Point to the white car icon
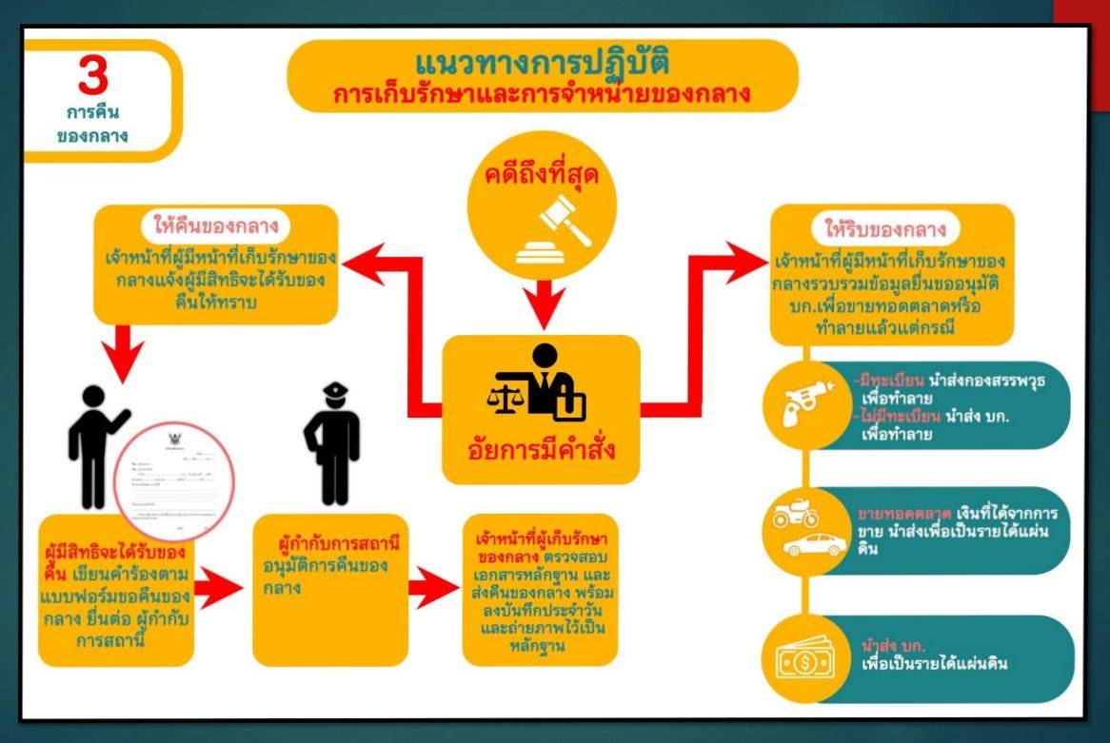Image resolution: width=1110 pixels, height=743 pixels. pyautogui.click(x=815, y=546)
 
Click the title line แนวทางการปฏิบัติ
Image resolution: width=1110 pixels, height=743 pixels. pyautogui.click(x=543, y=65)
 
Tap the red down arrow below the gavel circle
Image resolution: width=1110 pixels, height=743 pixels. pyautogui.click(x=541, y=303)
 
